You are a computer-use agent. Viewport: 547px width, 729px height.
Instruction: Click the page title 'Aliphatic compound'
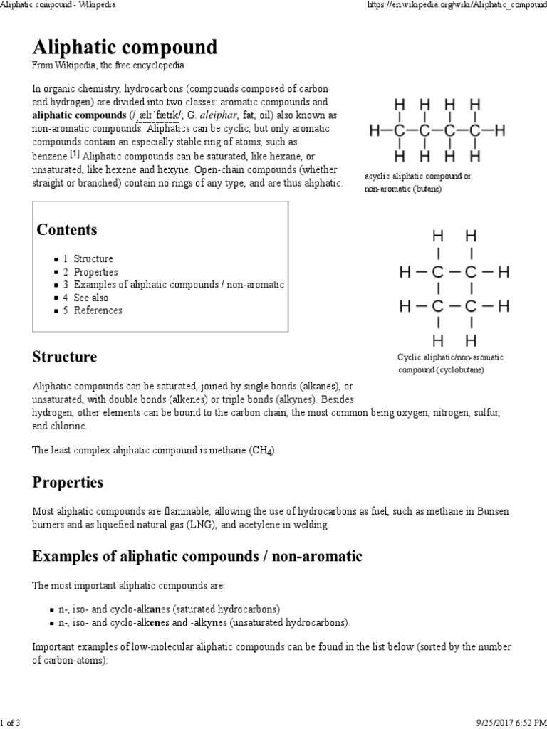pyautogui.click(x=125, y=48)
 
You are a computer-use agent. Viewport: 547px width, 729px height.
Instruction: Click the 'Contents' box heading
pyautogui.click(x=67, y=230)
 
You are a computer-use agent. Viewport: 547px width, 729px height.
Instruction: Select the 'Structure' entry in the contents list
pyautogui.click(x=93, y=259)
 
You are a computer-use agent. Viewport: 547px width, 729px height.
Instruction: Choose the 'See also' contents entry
pyautogui.click(x=90, y=298)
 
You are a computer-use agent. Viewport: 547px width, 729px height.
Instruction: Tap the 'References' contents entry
pyautogui.click(x=98, y=310)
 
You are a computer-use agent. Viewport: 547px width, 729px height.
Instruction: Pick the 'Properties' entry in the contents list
pyautogui.click(x=95, y=272)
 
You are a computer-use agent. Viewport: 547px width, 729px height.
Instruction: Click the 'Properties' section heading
pyautogui.click(x=68, y=483)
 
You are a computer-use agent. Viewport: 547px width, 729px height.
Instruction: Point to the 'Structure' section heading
pyautogui.click(x=65, y=357)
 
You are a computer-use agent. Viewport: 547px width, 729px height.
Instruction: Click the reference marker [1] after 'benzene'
pyautogui.click(x=75, y=154)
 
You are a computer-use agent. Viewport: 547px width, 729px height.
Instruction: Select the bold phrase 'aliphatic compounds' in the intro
pyautogui.click(x=79, y=115)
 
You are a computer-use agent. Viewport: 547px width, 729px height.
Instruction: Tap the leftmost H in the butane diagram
pyautogui.click(x=374, y=130)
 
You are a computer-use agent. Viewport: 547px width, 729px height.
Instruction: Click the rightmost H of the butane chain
pyautogui.click(x=500, y=130)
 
